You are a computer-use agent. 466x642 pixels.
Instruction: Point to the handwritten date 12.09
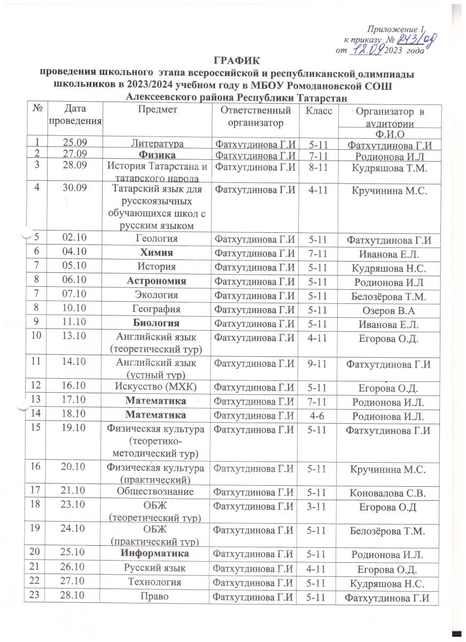tap(364, 50)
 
